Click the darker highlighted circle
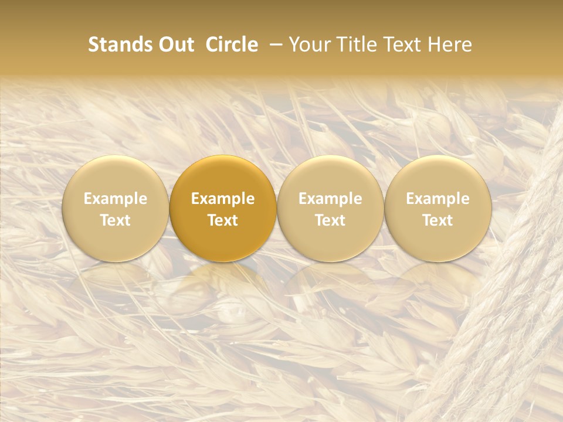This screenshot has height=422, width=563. [223, 209]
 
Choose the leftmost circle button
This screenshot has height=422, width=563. [116, 209]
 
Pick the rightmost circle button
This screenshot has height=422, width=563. [438, 209]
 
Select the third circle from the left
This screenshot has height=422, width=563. [330, 209]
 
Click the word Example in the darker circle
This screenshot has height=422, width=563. [223, 199]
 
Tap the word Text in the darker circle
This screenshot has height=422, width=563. [223, 220]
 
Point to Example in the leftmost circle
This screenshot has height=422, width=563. [116, 199]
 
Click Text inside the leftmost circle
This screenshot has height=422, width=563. [116, 220]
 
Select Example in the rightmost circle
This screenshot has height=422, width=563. [438, 199]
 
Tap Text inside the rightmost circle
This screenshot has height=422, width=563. [438, 220]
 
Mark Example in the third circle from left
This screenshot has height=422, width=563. [330, 199]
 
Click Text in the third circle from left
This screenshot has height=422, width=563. [330, 220]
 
